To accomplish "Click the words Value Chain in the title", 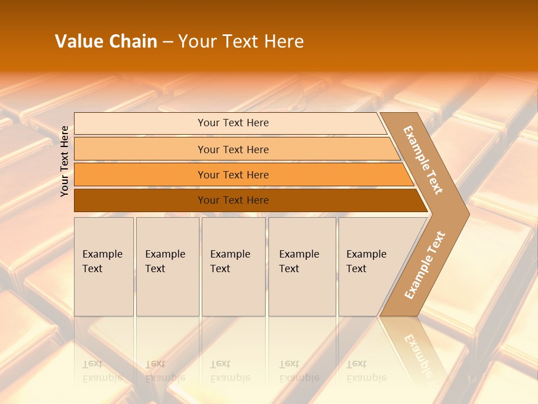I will click(x=106, y=42).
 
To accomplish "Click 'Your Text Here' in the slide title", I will click(x=241, y=42).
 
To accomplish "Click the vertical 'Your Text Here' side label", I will click(x=65, y=162).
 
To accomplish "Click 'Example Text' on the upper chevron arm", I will click(x=423, y=160).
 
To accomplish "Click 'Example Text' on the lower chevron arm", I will click(x=425, y=265).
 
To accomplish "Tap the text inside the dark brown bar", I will click(x=233, y=200).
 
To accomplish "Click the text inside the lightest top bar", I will click(x=233, y=123).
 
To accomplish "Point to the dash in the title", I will click(x=168, y=42).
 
